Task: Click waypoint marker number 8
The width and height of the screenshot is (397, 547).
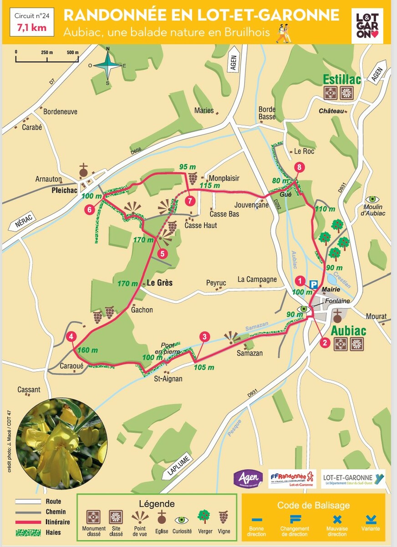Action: [x=299, y=168]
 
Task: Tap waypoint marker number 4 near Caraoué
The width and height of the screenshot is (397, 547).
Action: [x=71, y=337]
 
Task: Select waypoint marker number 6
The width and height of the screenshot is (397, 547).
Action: [x=90, y=210]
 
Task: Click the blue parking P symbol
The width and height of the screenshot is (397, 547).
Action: [x=313, y=284]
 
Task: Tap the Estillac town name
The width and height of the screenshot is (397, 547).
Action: [x=341, y=80]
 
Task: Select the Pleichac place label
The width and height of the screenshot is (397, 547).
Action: [x=63, y=191]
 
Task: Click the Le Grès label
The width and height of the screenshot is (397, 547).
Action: [x=159, y=283]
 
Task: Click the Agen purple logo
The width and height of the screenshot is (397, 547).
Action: [x=248, y=479]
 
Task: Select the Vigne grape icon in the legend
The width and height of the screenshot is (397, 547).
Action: [x=223, y=517]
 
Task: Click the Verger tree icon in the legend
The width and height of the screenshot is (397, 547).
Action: [x=203, y=517]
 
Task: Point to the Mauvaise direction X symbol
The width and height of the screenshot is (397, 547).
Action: [x=337, y=519]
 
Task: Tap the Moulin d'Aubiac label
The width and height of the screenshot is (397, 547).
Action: [x=373, y=210]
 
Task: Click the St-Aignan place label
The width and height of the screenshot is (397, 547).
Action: [x=168, y=378]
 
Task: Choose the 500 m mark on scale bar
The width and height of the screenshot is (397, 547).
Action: [x=72, y=52]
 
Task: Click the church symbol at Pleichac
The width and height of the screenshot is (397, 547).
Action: [x=83, y=171]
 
